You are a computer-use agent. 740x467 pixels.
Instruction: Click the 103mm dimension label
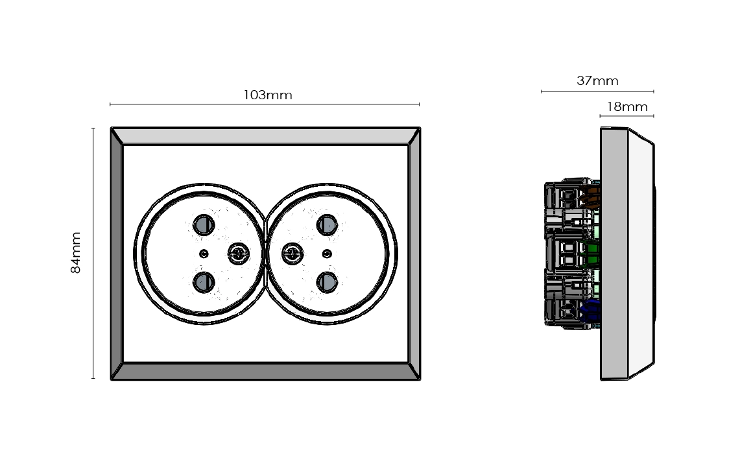(x=268, y=95)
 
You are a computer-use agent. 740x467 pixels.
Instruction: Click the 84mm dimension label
(x=76, y=252)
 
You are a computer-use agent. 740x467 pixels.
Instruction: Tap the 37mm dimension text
(x=597, y=81)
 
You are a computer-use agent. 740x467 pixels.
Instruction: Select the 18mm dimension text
(x=627, y=107)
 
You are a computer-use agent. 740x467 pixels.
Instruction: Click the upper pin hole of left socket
(x=204, y=224)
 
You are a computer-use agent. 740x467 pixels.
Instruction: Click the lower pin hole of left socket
(x=204, y=281)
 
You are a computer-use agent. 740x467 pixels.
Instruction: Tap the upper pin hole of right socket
(x=326, y=224)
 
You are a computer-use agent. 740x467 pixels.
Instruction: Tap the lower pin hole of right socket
(x=326, y=281)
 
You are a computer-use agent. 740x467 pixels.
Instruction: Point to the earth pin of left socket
(x=238, y=253)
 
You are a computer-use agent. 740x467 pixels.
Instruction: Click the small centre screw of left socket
(x=204, y=253)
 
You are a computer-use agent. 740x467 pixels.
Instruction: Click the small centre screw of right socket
(x=327, y=253)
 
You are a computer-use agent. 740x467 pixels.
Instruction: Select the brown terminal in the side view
(x=591, y=194)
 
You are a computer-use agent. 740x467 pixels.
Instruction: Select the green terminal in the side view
(x=590, y=254)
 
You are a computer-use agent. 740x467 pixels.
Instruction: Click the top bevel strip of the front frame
(x=265, y=136)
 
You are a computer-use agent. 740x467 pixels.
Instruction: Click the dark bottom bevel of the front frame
(x=265, y=371)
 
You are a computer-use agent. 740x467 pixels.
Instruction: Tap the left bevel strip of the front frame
(x=117, y=253)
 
